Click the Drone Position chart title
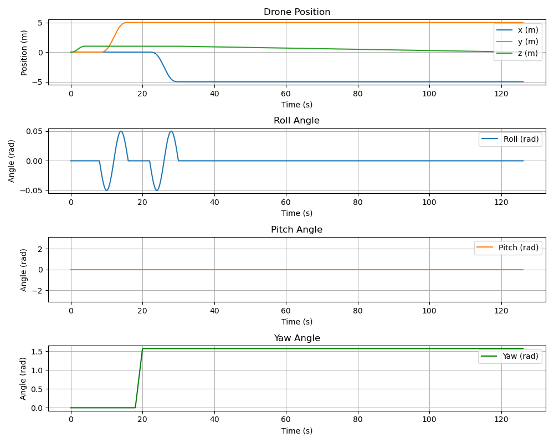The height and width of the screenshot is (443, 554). click(296, 12)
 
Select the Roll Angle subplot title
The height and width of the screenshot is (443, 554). click(296, 121)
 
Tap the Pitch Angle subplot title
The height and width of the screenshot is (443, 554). click(296, 230)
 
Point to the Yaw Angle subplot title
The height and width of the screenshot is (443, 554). click(296, 338)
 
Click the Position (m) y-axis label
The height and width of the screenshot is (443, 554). click(24, 52)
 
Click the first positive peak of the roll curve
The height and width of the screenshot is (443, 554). click(121, 131)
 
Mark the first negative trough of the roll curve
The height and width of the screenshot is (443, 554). click(106, 190)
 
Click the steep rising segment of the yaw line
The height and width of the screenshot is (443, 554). click(138, 378)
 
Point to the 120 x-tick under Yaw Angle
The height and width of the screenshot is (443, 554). click(501, 420)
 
